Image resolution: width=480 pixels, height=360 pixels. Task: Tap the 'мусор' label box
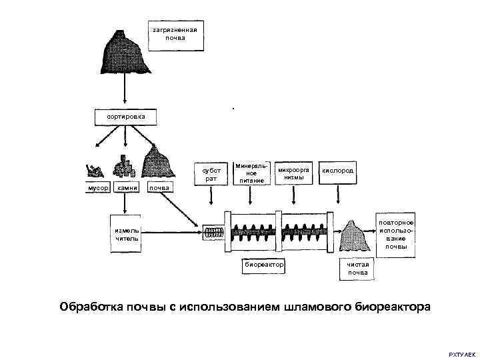(x=93, y=188)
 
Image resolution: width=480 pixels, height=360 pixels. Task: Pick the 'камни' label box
(x=127, y=188)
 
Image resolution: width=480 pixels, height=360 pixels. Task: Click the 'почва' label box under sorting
(x=159, y=188)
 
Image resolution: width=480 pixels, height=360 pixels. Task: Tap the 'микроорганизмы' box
(x=294, y=173)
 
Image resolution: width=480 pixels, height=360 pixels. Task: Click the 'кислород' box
(x=338, y=171)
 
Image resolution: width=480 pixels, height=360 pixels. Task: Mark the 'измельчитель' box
(x=126, y=234)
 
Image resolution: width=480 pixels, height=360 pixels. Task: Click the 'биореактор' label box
(x=264, y=265)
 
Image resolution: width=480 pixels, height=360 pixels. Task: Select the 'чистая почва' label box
(x=357, y=268)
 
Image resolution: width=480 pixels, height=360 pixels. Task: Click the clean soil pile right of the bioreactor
(x=354, y=235)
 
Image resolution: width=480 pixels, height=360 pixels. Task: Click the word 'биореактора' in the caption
(x=392, y=307)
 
